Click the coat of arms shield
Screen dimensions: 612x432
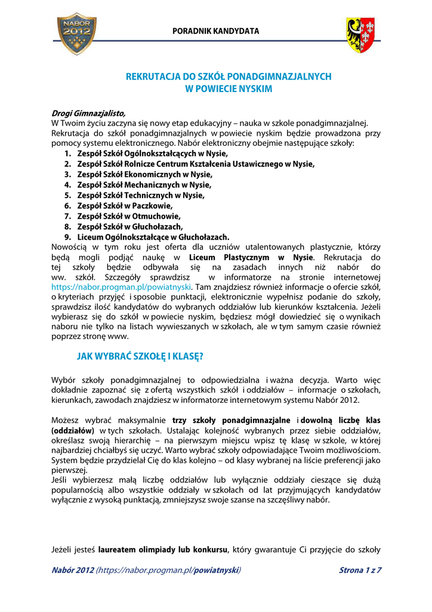[x=361, y=35]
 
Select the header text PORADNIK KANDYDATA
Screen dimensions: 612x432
[x=216, y=30]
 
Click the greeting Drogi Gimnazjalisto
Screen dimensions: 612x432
[x=89, y=113]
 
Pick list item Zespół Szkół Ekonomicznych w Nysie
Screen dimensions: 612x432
[x=144, y=175]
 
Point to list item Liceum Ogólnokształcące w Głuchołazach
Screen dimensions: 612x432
[x=153, y=237]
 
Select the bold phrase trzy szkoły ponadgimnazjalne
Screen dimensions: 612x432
[x=232, y=420]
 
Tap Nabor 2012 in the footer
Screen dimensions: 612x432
[x=73, y=570]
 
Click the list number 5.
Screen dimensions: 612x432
[x=67, y=195]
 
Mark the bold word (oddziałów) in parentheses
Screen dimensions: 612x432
[x=73, y=430]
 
